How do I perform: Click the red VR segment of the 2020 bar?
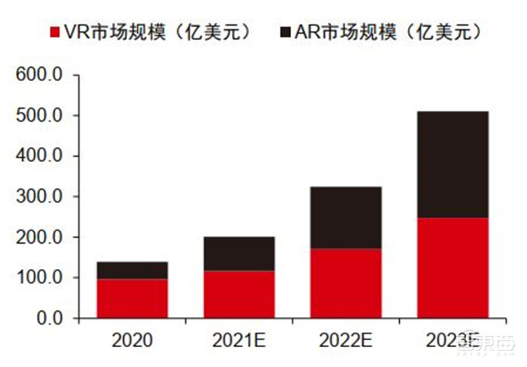point(132,298)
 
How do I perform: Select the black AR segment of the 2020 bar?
point(132,270)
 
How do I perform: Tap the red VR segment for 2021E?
point(238,295)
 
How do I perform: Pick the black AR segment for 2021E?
point(238,254)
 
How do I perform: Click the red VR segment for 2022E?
point(345,283)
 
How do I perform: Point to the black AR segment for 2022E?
point(345,217)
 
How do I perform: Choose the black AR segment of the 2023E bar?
point(453,165)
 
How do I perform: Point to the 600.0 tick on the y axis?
point(39,75)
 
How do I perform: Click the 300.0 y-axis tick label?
point(39,196)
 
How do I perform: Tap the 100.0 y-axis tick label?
point(39,277)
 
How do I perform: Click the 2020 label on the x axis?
point(132,340)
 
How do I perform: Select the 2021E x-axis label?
point(238,340)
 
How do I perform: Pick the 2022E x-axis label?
point(345,340)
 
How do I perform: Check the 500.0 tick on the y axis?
point(39,116)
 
